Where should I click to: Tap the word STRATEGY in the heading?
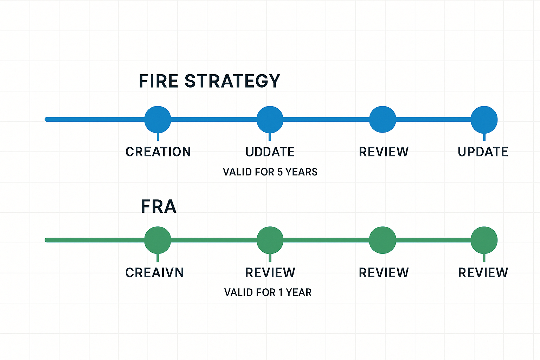(232, 81)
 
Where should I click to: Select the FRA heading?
(159, 207)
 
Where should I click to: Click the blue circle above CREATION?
(158, 120)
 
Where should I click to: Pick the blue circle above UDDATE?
(270, 120)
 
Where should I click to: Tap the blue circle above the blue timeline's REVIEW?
(382, 120)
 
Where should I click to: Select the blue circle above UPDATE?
(484, 120)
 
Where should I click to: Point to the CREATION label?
(158, 152)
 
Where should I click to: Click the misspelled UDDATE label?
(270, 152)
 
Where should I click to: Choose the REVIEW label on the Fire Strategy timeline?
(384, 152)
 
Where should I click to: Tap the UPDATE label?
(483, 152)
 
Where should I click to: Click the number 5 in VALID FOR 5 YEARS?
(280, 172)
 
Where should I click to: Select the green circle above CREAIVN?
(158, 240)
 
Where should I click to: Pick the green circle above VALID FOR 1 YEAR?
(270, 240)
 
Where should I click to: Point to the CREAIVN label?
(155, 272)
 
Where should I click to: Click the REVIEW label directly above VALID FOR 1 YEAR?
(270, 272)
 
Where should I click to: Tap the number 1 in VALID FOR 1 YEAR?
(281, 292)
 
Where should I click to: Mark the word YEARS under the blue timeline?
(301, 172)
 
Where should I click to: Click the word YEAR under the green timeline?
(298, 292)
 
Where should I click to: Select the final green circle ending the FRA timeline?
(484, 240)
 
